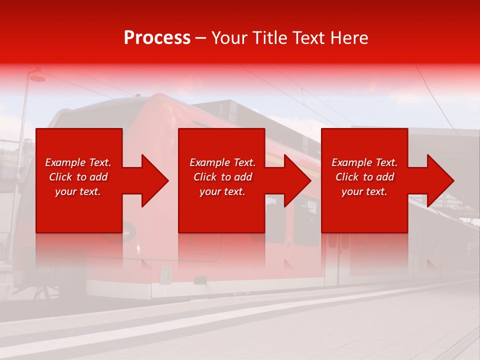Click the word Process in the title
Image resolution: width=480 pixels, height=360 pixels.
[x=157, y=38]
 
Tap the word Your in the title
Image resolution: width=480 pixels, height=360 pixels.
[x=229, y=38]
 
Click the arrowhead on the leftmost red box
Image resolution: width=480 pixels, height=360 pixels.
[x=152, y=180]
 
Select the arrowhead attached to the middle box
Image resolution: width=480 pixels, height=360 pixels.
[x=295, y=180]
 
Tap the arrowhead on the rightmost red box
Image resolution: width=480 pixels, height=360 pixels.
[x=438, y=180]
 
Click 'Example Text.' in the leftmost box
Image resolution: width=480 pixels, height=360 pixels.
[x=78, y=162]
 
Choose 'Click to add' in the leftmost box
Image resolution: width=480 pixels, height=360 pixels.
[x=78, y=177]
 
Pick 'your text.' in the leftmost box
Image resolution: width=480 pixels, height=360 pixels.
[x=78, y=191]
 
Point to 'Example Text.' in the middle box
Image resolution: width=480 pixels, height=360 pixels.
[x=222, y=162]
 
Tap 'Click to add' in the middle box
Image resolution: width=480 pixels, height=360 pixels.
[x=222, y=177]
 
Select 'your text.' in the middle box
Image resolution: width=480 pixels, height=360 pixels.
[x=222, y=191]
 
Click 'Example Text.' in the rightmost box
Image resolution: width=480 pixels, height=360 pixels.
[x=364, y=162]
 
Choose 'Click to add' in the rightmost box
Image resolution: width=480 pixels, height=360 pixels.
[x=364, y=177]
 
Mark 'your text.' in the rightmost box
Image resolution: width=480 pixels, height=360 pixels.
[x=364, y=191]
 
